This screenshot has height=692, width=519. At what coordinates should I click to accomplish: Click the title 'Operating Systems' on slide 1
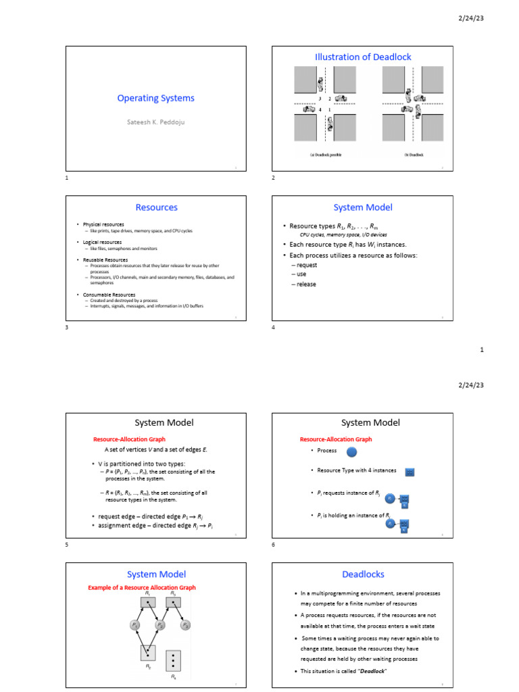click(x=155, y=98)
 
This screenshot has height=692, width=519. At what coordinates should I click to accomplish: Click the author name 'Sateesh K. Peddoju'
click(x=155, y=122)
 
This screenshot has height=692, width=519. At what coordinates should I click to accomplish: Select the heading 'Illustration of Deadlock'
click(x=363, y=57)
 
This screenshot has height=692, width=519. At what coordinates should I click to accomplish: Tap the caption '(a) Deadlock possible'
click(x=326, y=155)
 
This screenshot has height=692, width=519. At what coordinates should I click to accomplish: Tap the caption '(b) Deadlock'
click(x=414, y=155)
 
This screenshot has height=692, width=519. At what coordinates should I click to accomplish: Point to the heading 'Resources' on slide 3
click(x=156, y=207)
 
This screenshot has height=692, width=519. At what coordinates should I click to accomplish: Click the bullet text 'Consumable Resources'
click(x=109, y=295)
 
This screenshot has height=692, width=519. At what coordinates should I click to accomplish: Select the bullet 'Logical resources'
click(x=102, y=242)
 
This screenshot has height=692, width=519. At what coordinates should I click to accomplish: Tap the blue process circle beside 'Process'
click(x=352, y=451)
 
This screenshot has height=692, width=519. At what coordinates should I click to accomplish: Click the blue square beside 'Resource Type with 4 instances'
click(x=410, y=471)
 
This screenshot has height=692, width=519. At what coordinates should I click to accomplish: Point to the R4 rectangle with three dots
click(x=174, y=658)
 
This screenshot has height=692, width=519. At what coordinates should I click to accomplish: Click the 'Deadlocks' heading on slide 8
click(x=363, y=574)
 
